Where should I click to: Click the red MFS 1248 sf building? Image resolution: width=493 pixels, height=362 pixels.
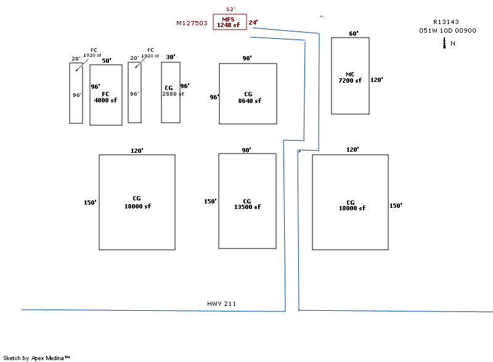230,22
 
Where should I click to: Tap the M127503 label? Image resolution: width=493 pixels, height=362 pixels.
192,23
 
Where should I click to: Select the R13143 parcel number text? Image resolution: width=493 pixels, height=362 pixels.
447,22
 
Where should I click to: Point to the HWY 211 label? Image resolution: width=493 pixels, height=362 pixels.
222,304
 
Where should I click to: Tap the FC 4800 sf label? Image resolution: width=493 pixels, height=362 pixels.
105,97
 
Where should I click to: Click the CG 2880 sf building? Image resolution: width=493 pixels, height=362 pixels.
170,92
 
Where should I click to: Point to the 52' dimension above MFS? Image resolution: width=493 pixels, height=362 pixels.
230,9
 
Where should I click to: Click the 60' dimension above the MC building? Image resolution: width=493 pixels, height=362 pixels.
353,34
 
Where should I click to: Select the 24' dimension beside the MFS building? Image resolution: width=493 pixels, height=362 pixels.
253,23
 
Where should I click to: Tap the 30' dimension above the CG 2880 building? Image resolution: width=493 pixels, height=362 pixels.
171,57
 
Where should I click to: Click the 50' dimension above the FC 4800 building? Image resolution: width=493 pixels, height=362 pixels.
107,60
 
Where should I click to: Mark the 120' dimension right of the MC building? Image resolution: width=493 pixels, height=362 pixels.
377,80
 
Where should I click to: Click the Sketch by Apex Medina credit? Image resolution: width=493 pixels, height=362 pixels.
36,358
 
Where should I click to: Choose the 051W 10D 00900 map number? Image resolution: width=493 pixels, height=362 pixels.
447,30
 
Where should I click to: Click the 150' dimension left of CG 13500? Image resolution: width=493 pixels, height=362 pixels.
210,201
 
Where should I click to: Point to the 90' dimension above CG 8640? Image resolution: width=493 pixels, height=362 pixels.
247,58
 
